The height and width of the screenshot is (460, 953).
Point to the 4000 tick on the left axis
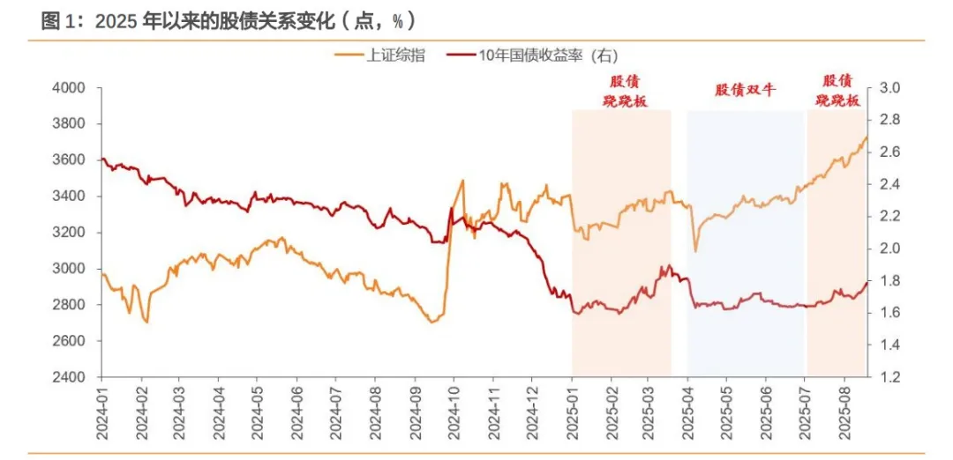(x=68, y=88)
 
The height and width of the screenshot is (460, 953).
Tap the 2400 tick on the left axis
(x=68, y=377)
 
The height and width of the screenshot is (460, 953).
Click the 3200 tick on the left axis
(x=68, y=233)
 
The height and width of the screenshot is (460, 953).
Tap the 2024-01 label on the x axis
(x=103, y=414)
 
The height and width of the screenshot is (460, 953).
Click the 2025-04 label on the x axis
(x=687, y=414)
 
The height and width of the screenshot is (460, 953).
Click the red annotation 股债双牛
(x=745, y=90)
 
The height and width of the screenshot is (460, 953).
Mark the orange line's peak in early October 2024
(x=462, y=181)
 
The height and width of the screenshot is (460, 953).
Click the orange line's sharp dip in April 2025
(x=695, y=251)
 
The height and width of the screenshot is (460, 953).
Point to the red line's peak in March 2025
(x=669, y=265)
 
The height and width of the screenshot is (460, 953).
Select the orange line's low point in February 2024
(x=146, y=322)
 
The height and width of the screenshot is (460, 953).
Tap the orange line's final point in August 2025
(x=867, y=137)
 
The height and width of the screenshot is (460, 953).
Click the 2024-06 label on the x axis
(x=297, y=414)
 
